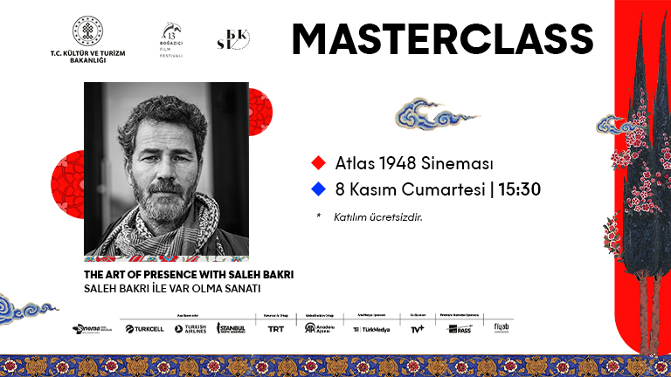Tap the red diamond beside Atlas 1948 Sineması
point(318,163)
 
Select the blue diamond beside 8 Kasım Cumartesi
point(318,188)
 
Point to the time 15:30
point(521,188)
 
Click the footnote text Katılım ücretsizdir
point(378,216)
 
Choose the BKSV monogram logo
point(232,40)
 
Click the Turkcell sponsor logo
point(144,329)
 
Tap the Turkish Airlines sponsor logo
point(190,329)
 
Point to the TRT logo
point(275,329)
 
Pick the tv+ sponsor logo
point(417,329)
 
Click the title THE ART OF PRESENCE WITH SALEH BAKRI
point(188,274)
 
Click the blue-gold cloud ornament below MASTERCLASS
point(424,114)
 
